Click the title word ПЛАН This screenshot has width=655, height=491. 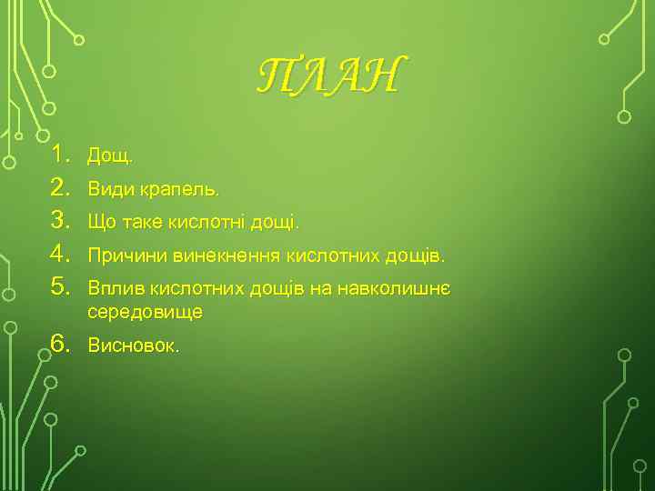pyautogui.click(x=327, y=75)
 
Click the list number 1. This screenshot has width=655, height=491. pyautogui.click(x=60, y=155)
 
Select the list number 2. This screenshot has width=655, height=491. pyautogui.click(x=60, y=188)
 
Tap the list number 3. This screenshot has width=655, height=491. pyautogui.click(x=60, y=221)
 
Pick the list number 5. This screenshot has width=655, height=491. pyautogui.click(x=60, y=287)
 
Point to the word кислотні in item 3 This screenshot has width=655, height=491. pyautogui.click(x=211, y=222)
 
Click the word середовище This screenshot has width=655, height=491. pyautogui.click(x=145, y=312)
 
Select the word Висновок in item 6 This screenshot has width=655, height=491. pyautogui.click(x=132, y=346)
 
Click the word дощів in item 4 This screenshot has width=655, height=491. pyautogui.click(x=417, y=256)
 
